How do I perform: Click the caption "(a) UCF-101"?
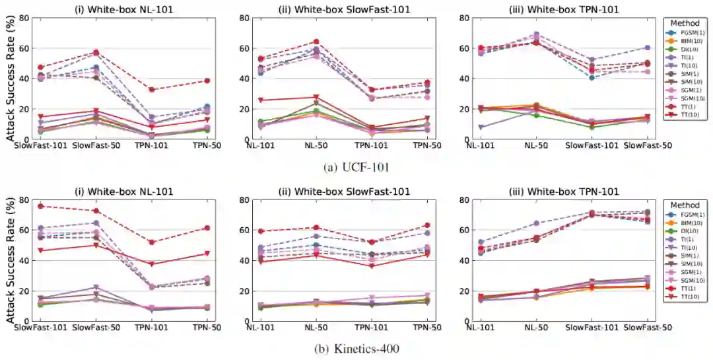coord(356,167)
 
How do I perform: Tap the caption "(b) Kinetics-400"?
coord(356,348)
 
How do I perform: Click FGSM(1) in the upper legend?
coord(692,32)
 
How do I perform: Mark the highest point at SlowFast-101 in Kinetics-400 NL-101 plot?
coord(41,206)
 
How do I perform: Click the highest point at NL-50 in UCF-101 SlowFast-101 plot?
coord(316,42)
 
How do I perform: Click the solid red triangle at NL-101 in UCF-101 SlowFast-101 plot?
coord(261,100)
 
